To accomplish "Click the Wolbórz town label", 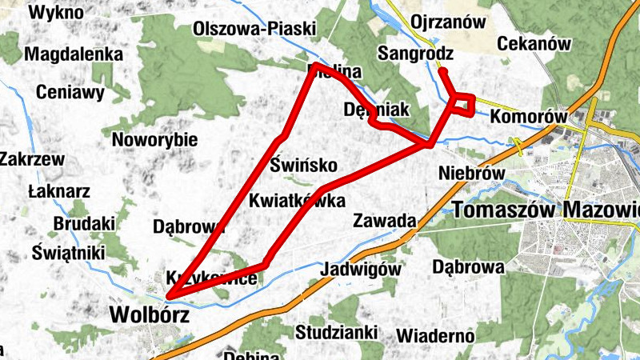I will pos(150,315).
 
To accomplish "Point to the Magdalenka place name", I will pos(74,54).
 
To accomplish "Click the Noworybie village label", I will pos(155,140).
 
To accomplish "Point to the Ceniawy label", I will pos(70,92).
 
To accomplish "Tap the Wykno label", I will pos(57,12).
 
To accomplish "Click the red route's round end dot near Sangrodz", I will pos(442,72).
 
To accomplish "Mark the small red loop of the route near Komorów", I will pos(463,104).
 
